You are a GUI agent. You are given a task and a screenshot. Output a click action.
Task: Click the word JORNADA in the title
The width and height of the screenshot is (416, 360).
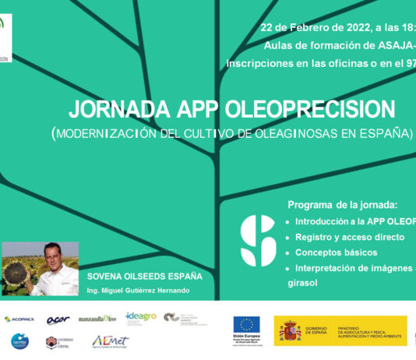tap(115, 108)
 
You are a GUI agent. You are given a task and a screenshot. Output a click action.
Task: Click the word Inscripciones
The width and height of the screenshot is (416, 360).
tap(262, 62)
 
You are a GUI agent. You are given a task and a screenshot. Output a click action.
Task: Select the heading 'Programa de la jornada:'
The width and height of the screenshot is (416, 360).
tap(342, 205)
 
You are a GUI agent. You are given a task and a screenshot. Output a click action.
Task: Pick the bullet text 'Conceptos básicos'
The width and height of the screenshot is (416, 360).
tap(336, 252)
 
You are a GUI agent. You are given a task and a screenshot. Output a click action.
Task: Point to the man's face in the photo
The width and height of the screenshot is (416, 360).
tap(52, 256)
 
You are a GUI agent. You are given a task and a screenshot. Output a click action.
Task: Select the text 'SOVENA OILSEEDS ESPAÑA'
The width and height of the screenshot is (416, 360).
tap(144, 276)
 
